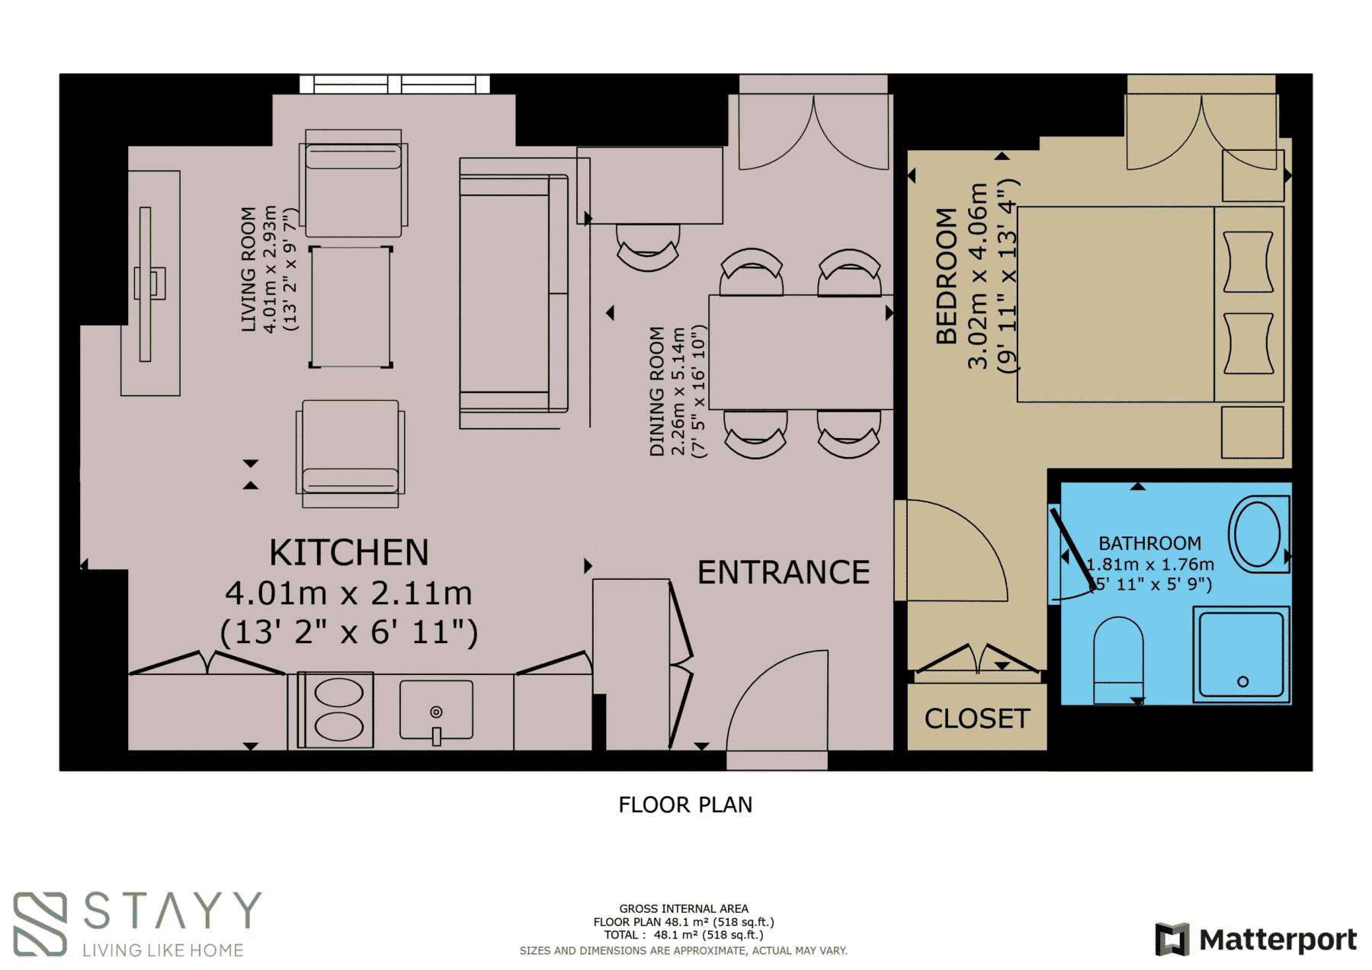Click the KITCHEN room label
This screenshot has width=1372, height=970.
coord(349,552)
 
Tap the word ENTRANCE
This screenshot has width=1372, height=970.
coord(784,572)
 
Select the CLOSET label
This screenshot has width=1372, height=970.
coord(977,719)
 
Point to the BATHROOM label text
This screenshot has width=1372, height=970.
coord(1149,543)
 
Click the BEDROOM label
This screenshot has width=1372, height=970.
coord(946,276)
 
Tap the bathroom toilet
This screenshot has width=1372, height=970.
coord(1118,660)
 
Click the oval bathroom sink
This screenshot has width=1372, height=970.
coord(1258,534)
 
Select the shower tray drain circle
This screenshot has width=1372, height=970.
coord(1242,681)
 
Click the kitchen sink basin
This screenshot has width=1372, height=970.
coord(436,710)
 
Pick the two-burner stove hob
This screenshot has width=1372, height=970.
coord(336,710)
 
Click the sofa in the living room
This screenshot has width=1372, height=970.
coord(514,293)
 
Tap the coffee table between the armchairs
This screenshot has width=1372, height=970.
coord(351,307)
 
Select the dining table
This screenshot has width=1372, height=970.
coord(800,352)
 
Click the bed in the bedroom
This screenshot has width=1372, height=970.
coord(1150,304)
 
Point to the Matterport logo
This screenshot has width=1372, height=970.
coord(1255,939)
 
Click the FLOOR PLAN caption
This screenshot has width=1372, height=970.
coord(685,805)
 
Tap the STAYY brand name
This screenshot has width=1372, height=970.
coord(171,911)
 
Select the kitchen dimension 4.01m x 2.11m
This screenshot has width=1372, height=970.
coord(348,593)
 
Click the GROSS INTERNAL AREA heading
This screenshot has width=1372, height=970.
coord(684,908)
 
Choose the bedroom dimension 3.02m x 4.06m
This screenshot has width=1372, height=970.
coord(978,276)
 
